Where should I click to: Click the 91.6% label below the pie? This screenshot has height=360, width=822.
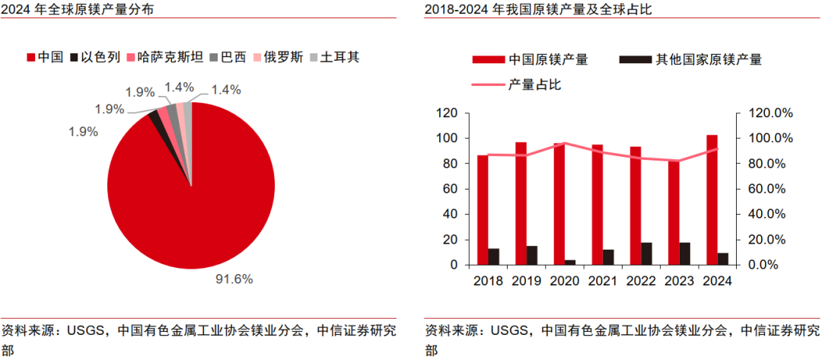point(233,279)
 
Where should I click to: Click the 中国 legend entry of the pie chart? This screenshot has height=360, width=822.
point(45,57)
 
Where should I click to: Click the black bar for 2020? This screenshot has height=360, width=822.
point(569,262)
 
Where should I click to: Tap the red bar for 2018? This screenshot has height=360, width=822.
point(482,209)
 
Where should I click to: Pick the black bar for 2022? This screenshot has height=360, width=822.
point(646,253)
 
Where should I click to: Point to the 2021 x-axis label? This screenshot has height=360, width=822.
point(602,281)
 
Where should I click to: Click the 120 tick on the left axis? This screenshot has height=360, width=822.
point(447,113)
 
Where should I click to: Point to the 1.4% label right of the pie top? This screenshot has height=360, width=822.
point(226,90)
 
